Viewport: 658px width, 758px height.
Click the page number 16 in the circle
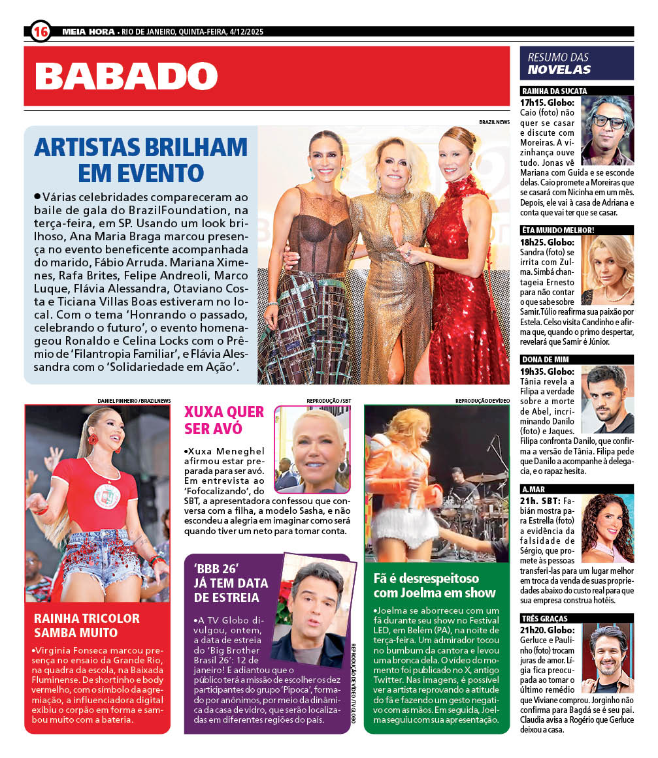coord(41,31)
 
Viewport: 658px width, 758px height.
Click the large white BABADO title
coord(126,76)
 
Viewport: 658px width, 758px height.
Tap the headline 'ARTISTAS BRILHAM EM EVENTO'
coord(140,159)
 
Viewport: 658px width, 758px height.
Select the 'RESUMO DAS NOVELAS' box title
coord(559,63)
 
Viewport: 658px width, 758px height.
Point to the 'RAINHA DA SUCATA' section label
coord(554,91)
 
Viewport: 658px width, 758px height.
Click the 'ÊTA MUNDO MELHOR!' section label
coord(557,230)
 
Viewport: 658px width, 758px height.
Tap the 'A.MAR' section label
coord(534,489)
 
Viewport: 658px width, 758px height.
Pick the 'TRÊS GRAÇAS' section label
coord(544,618)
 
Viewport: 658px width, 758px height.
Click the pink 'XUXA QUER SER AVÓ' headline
coord(224,420)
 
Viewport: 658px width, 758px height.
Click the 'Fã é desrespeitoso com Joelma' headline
coord(435,586)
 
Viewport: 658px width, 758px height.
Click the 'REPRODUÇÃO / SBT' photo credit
coord(328,400)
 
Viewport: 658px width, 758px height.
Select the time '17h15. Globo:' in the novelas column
coord(548,103)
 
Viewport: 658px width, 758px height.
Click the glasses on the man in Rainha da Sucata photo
coord(608,121)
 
